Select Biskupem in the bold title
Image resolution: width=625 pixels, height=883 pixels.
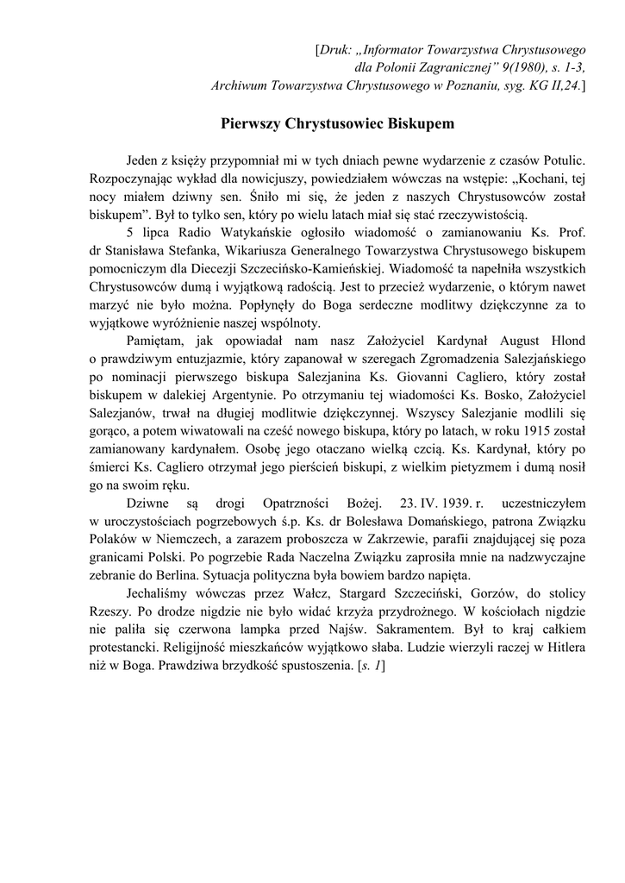click(417, 124)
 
